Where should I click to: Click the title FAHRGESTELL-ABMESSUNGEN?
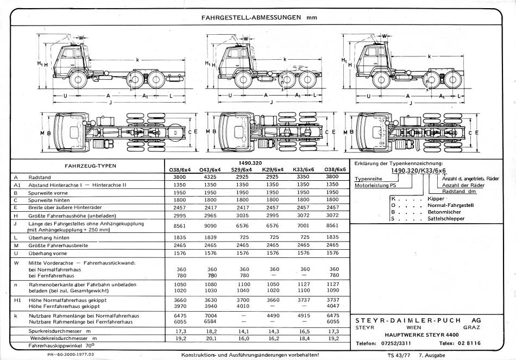pyautogui.click(x=251, y=17)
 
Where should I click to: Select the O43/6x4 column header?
pyautogui.click(x=210, y=170)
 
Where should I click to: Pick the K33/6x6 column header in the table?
pyautogui.click(x=304, y=169)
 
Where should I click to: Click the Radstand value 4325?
pyautogui.click(x=210, y=177)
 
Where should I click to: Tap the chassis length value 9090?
pyautogui.click(x=210, y=226)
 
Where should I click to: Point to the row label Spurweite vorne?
pyautogui.click(x=48, y=193)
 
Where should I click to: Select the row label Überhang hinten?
pyautogui.click(x=49, y=238)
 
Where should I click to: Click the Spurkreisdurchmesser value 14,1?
pyautogui.click(x=243, y=331)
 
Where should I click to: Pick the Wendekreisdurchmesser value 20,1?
pyautogui.click(x=211, y=339)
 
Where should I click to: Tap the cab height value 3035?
pyautogui.click(x=243, y=216)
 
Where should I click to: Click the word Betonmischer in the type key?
pyautogui.click(x=444, y=212)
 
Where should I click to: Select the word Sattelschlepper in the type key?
pyautogui.click(x=446, y=219)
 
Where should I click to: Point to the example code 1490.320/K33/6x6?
pyautogui.click(x=418, y=170)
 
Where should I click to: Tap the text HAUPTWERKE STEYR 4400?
pyautogui.click(x=421, y=335)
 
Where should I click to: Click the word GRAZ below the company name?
pyautogui.click(x=471, y=327)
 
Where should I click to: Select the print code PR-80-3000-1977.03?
pyautogui.click(x=71, y=355)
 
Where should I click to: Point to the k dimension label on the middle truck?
pyautogui.click(x=285, y=60)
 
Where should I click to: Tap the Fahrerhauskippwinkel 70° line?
pyautogui.click(x=61, y=346)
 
